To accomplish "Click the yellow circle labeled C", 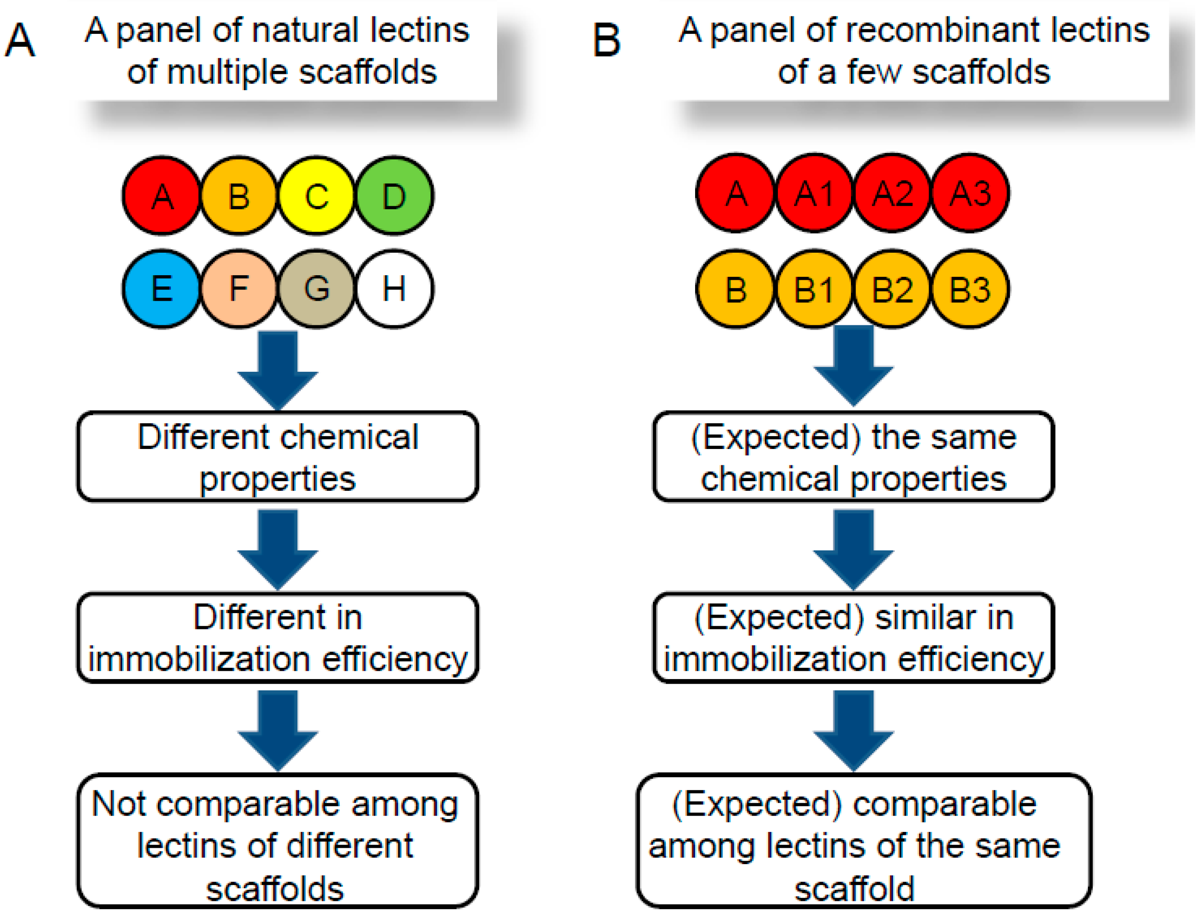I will tap(316, 195).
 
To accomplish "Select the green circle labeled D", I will tap(394, 195).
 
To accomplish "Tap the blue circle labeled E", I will tap(161, 289).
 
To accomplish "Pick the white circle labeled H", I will tap(394, 289).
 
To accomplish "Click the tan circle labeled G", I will tap(316, 289).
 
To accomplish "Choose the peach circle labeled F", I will tap(239, 289).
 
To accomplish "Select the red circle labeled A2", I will tap(892, 193).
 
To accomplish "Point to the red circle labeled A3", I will tap(970, 193).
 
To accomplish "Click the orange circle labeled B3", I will tap(970, 289).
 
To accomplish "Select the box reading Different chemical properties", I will tap(278, 456).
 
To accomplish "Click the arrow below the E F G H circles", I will tap(278, 370).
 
